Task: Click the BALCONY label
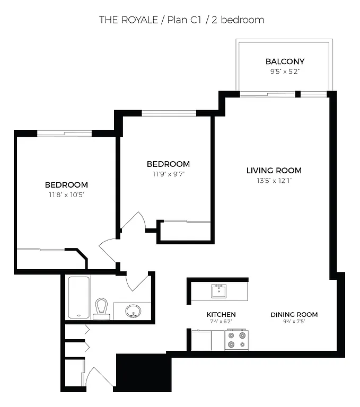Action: [285, 61]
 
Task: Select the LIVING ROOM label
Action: [274, 171]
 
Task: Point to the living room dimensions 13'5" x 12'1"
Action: [274, 180]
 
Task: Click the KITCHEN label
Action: [221, 314]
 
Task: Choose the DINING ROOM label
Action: [294, 314]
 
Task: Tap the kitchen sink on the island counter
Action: [218, 291]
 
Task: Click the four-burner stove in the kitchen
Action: [236, 340]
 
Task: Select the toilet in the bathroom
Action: [101, 308]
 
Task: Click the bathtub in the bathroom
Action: [78, 297]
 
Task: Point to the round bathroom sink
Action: [133, 311]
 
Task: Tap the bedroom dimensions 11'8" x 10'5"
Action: [66, 194]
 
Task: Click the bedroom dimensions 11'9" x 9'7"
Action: [168, 173]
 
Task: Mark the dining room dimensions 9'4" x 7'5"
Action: [294, 322]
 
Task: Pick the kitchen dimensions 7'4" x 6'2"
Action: [221, 322]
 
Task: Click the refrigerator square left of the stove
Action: [200, 340]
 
